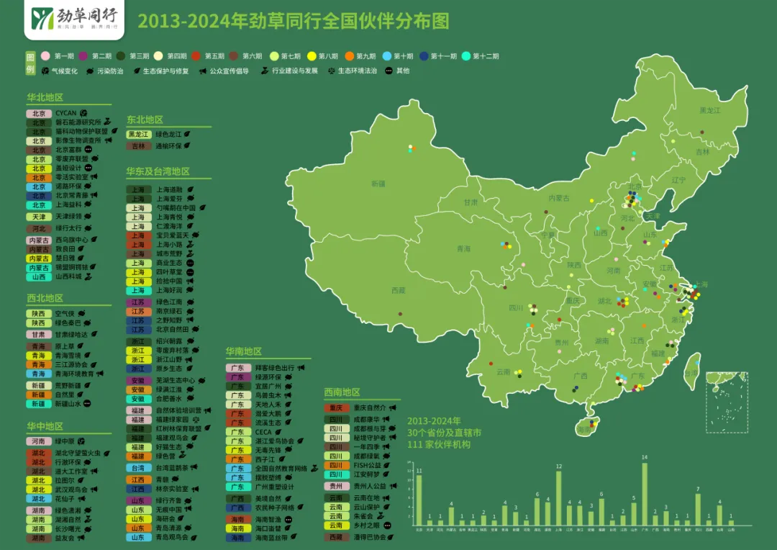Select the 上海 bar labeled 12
558,498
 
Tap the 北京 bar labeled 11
419,500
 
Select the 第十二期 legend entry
481,56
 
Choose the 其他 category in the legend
397,71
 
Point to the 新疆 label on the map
378,184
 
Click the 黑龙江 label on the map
709,111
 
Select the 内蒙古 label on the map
558,198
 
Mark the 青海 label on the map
463,249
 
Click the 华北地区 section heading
45,97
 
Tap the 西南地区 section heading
342,392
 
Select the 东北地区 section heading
145,120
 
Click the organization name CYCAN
66,113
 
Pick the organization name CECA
263,432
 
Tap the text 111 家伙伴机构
440,445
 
